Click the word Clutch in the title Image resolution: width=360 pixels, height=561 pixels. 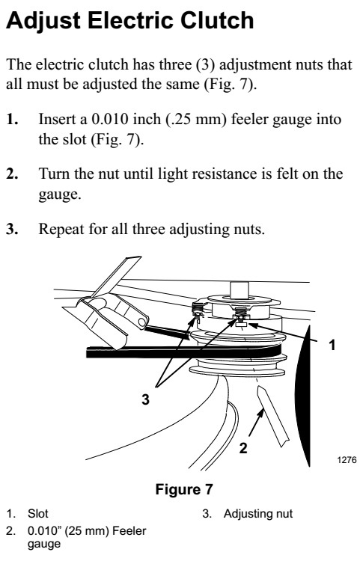tap(217, 20)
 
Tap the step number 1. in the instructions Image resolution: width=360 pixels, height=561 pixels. tap(13, 119)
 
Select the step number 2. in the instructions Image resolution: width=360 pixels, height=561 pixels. tap(13, 174)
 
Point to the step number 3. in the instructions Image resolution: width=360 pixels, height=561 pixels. tap(13, 229)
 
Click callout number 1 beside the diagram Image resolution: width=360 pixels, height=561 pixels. tap(332, 345)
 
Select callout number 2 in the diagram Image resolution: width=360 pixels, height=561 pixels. tap(243, 448)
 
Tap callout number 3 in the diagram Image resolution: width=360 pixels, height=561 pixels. tap(145, 399)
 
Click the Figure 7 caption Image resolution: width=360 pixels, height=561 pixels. tap(184, 489)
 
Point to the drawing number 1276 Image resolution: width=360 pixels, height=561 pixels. tap(347, 459)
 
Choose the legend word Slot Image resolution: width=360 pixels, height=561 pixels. tap(38, 514)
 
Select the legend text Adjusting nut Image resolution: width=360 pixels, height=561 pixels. tap(258, 514)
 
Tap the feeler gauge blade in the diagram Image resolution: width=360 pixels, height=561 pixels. tap(272, 416)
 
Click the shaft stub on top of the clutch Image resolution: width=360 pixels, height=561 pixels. tap(239, 289)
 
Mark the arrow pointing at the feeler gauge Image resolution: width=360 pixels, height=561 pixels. tap(256, 423)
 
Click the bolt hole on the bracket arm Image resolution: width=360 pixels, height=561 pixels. tap(142, 322)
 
